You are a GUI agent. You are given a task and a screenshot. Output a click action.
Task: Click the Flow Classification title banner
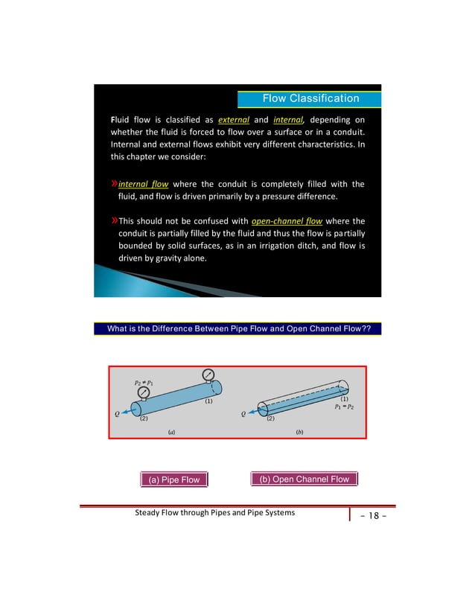pyautogui.click(x=310, y=98)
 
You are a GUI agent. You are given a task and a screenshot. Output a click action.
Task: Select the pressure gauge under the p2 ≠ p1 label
pyautogui.click(x=143, y=393)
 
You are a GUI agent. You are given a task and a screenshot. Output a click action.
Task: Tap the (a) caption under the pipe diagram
pyautogui.click(x=173, y=432)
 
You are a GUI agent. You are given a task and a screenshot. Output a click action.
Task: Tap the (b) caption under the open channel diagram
pyautogui.click(x=299, y=432)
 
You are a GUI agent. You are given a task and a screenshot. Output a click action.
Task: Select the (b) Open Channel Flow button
pyautogui.click(x=305, y=479)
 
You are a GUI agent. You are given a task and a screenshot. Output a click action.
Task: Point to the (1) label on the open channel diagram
pyautogui.click(x=345, y=399)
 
